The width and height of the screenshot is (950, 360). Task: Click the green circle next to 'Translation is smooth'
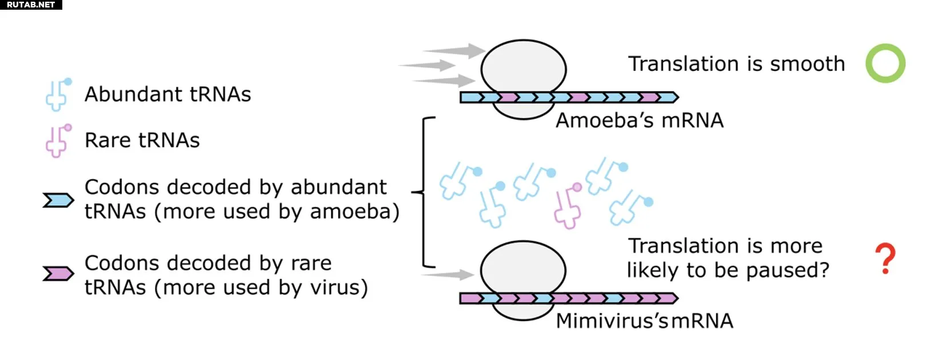coord(885,63)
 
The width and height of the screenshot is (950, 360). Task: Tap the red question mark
coord(885,258)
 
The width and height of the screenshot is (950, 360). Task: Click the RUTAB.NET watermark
coord(31,5)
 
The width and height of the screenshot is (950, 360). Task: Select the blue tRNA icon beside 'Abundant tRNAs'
coord(58,94)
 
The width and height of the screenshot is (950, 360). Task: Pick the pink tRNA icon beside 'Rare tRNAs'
coord(58,141)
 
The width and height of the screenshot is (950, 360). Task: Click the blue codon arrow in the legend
coord(58,201)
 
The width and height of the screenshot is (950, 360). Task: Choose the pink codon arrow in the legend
coord(58,274)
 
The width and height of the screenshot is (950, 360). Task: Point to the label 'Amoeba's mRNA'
coord(640,121)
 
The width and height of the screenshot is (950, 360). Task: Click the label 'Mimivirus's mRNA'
coord(644,321)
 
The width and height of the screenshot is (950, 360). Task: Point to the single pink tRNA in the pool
coord(568,206)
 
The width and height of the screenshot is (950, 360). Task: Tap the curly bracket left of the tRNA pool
coord(425,192)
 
